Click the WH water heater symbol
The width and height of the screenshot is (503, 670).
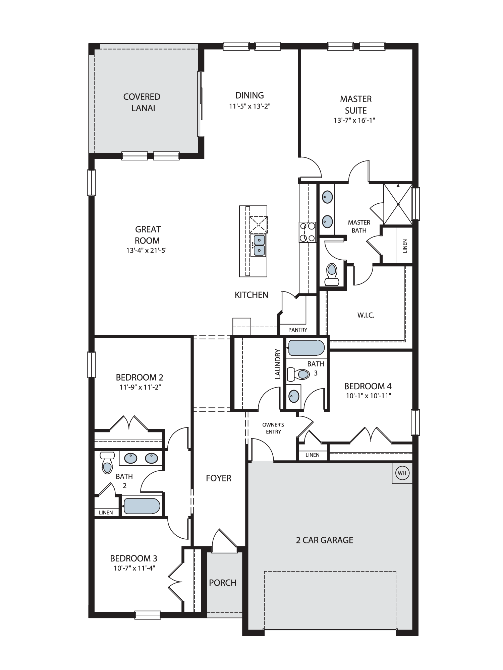402,473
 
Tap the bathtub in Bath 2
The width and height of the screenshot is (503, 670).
142,506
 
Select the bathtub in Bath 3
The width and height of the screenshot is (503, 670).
306,348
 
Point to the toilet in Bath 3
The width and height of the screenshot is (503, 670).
298,374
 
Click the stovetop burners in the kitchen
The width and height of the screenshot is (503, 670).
308,232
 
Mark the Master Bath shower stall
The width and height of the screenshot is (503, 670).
398,204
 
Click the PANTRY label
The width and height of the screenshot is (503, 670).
298,330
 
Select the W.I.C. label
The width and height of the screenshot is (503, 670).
366,315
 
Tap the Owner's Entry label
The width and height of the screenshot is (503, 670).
273,428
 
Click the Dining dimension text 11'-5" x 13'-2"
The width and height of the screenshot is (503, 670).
249,107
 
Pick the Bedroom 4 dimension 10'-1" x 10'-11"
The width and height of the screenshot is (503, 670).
368,396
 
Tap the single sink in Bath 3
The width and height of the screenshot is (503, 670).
294,396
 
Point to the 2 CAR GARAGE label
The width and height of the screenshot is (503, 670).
325,540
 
